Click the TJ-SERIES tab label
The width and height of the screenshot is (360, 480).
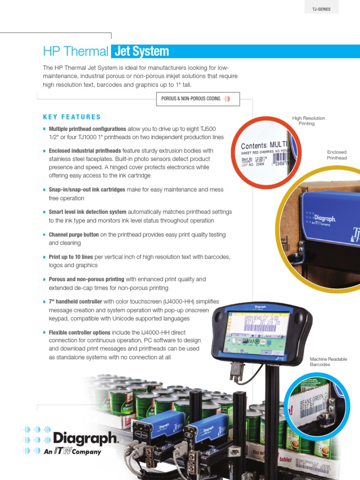click(321, 9)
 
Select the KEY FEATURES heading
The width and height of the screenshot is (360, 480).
click(72, 117)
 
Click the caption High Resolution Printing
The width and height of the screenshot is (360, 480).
click(308, 121)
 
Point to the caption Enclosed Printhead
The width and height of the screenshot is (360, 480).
click(337, 155)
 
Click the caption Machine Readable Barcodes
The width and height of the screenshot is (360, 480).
click(328, 361)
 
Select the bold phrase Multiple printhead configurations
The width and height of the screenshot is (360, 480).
click(87, 129)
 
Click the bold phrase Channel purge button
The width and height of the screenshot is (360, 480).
click(74, 234)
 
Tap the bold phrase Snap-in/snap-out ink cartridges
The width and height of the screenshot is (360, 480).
click(87, 189)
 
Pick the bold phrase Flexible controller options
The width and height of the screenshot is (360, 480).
click(79, 332)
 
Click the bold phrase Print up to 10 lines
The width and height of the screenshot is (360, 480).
click(71, 257)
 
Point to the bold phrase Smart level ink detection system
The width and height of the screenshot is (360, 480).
click(88, 212)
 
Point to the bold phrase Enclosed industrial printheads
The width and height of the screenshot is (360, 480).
click(85, 151)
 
